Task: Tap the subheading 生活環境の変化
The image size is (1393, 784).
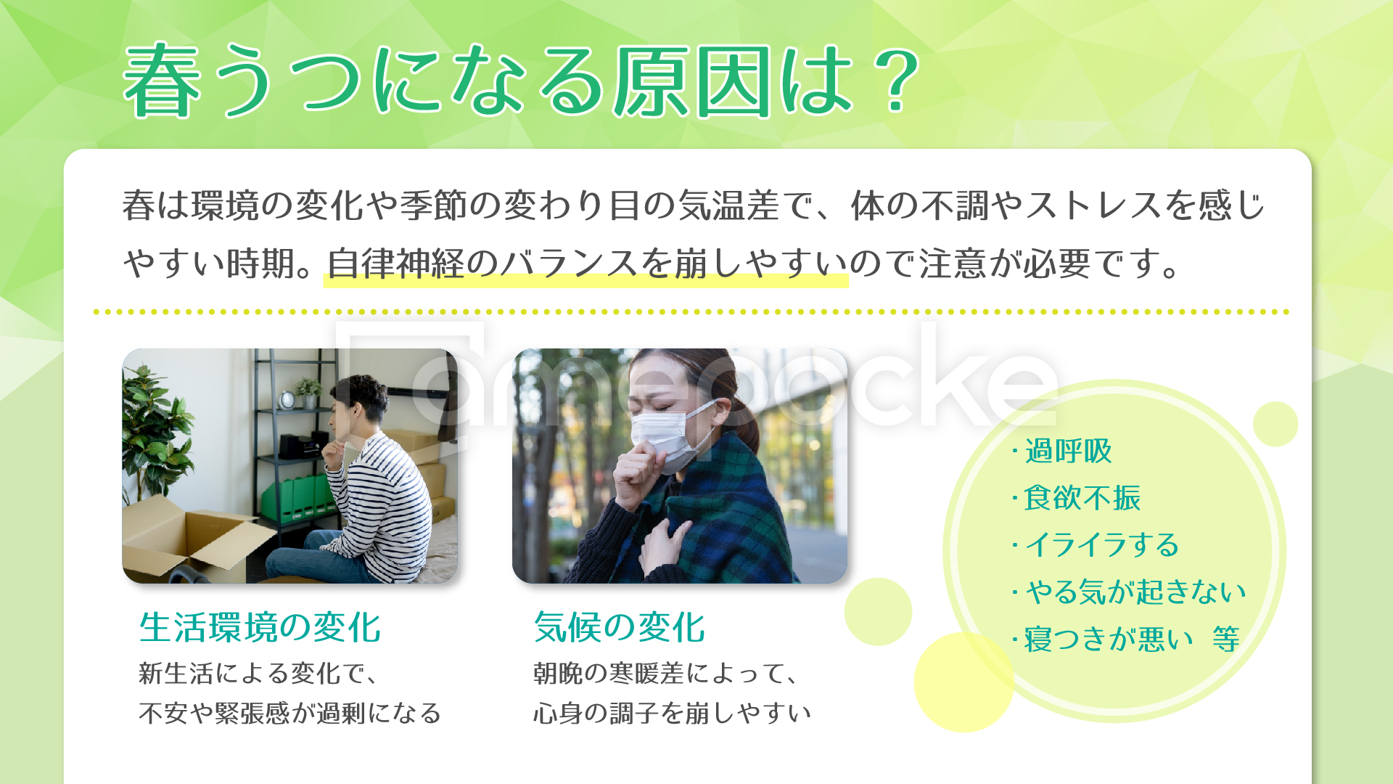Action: pyautogui.click(x=260, y=627)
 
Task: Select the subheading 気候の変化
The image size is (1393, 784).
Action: pyautogui.click(x=619, y=627)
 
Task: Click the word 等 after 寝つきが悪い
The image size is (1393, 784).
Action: pyautogui.click(x=1226, y=640)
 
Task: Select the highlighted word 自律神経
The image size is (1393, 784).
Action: pyautogui.click(x=395, y=264)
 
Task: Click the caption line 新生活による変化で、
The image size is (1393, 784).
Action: pyautogui.click(x=258, y=674)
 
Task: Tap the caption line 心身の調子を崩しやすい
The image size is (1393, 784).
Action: pyautogui.click(x=672, y=713)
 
